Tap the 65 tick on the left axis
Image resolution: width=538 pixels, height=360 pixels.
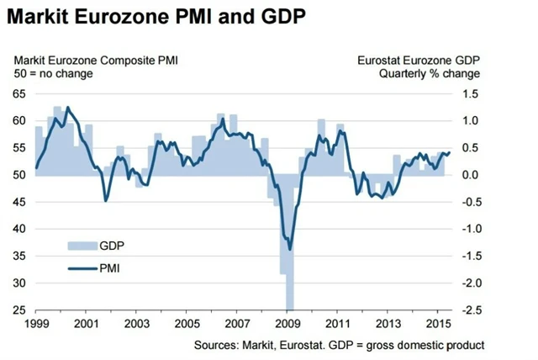[x=18, y=94]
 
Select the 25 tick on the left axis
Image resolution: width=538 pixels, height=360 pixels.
[x=18, y=310]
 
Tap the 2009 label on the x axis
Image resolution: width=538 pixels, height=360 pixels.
[x=288, y=323]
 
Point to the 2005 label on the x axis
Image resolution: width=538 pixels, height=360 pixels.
[x=187, y=323]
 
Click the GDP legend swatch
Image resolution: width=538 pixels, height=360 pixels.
[x=81, y=246]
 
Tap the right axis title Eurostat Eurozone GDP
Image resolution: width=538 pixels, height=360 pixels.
[x=419, y=59]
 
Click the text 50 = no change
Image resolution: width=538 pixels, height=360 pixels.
[x=52, y=73]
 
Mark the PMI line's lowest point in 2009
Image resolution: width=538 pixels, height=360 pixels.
[x=290, y=249]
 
